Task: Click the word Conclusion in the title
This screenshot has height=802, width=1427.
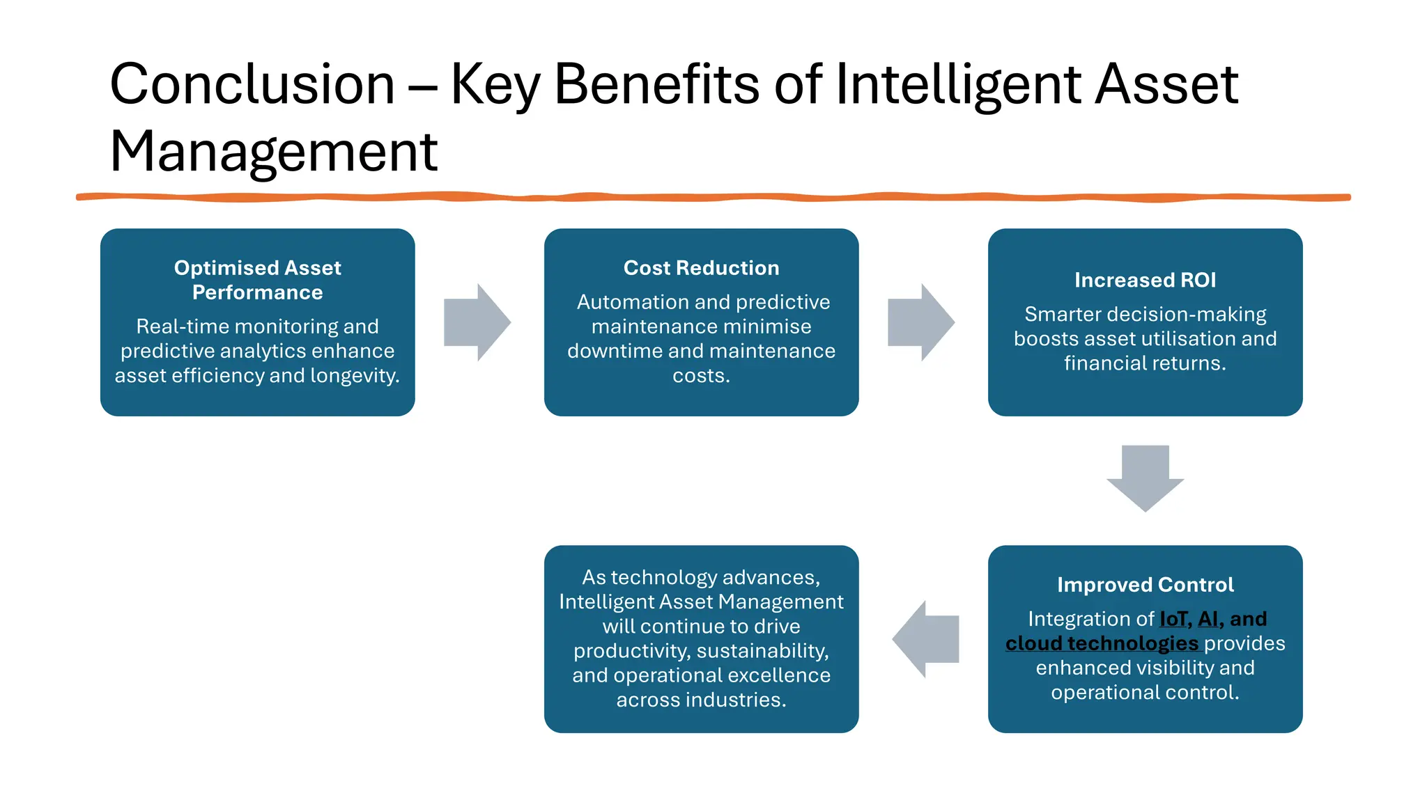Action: [x=252, y=84]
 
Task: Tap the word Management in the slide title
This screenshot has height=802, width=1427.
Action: [x=273, y=152]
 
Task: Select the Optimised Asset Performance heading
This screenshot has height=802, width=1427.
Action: [x=257, y=280]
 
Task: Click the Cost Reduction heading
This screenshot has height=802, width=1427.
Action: [x=701, y=268]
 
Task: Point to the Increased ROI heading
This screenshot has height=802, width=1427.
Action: [x=1145, y=280]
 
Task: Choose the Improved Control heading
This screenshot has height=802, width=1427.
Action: [x=1145, y=585]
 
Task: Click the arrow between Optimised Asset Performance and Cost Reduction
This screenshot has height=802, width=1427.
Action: [x=477, y=322]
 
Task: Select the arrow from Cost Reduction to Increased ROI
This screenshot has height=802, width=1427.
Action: [x=920, y=322]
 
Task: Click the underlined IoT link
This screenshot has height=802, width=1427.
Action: [x=1173, y=619]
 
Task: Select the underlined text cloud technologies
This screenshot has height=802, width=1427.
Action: [x=1102, y=643]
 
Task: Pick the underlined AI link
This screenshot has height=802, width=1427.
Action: [x=1208, y=619]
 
